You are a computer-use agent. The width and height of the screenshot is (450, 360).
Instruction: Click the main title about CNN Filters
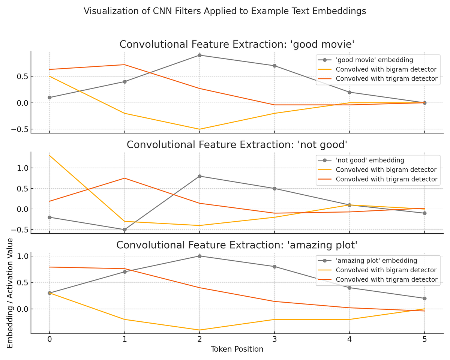(x=225, y=11)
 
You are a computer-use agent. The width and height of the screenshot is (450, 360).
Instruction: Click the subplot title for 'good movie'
(x=237, y=44)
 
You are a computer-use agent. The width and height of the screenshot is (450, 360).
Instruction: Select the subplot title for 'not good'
(x=237, y=145)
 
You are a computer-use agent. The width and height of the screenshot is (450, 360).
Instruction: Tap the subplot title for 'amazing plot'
(x=237, y=245)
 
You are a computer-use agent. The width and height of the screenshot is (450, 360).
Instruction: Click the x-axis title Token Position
(x=237, y=349)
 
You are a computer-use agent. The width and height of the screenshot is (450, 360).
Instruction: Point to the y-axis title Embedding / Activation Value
(x=10, y=293)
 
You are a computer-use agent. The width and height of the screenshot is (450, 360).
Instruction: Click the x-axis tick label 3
(x=274, y=339)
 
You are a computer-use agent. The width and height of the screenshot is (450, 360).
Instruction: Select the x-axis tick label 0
(x=49, y=339)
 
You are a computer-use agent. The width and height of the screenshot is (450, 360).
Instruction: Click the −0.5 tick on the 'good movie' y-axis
(x=15, y=129)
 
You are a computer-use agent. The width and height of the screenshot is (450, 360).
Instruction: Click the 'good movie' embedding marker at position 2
(x=199, y=55)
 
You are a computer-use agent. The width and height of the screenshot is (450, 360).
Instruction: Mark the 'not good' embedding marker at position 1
(x=124, y=229)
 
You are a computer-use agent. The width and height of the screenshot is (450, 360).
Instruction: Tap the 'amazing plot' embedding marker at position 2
(x=199, y=256)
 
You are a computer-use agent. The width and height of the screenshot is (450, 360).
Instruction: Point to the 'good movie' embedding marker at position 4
(x=349, y=92)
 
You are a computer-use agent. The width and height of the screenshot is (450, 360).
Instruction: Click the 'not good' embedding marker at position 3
(x=274, y=189)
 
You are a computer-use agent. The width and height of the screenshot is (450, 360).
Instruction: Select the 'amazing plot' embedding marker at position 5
(x=424, y=298)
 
